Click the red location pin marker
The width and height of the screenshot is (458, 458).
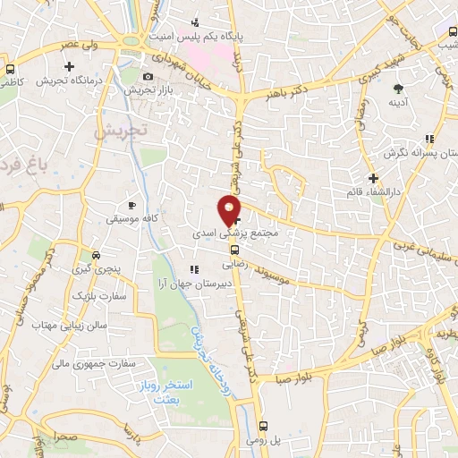coord(230,210)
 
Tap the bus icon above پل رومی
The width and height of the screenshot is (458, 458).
coord(263,427)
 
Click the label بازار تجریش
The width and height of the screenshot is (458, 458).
coord(141,90)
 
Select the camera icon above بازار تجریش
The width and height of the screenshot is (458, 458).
coord(148,77)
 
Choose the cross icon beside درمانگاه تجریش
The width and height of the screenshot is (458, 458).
coord(70,65)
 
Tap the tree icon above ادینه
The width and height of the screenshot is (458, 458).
coord(399,88)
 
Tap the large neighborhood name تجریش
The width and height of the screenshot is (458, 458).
coord(119,131)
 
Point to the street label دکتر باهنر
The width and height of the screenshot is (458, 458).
coord(288,90)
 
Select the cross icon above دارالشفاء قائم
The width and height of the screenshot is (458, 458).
coord(373,178)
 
